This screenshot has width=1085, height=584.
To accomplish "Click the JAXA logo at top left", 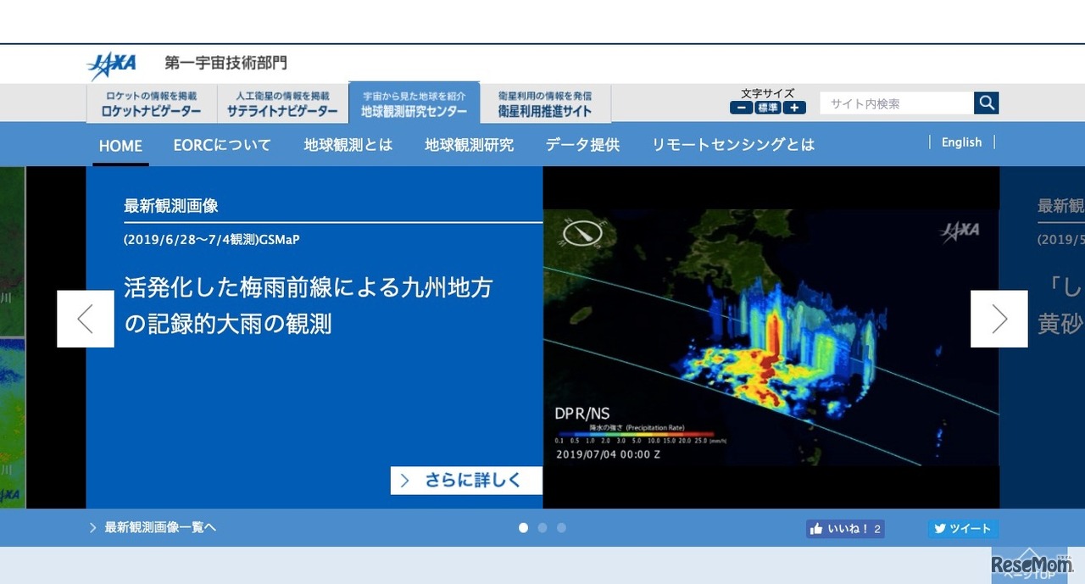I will [x=111, y=64].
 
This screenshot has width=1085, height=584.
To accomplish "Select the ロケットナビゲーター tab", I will [x=151, y=104].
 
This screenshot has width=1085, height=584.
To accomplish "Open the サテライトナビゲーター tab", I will [x=281, y=104].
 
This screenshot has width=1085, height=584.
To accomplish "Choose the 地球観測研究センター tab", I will [x=414, y=103].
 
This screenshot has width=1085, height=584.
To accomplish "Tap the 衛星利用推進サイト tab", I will [x=544, y=104].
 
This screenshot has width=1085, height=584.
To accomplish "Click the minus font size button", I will [x=741, y=108].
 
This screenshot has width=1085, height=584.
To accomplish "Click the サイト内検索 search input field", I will [x=896, y=103].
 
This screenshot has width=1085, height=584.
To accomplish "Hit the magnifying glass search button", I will [x=986, y=103].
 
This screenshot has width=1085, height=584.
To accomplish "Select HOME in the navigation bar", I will [x=120, y=146].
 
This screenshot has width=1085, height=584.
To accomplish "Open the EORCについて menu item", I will [x=222, y=145].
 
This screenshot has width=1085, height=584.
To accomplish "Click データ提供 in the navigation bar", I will [x=582, y=145].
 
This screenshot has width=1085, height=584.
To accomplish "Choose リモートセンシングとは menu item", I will [x=732, y=145].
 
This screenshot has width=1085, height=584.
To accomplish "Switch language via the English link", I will [x=961, y=142].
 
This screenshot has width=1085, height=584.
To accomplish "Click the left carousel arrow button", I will [x=86, y=319].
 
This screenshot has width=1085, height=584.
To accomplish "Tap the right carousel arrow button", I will [x=999, y=319].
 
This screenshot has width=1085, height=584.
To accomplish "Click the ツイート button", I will [x=962, y=529].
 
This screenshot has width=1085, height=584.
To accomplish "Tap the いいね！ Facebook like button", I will [x=844, y=529].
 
